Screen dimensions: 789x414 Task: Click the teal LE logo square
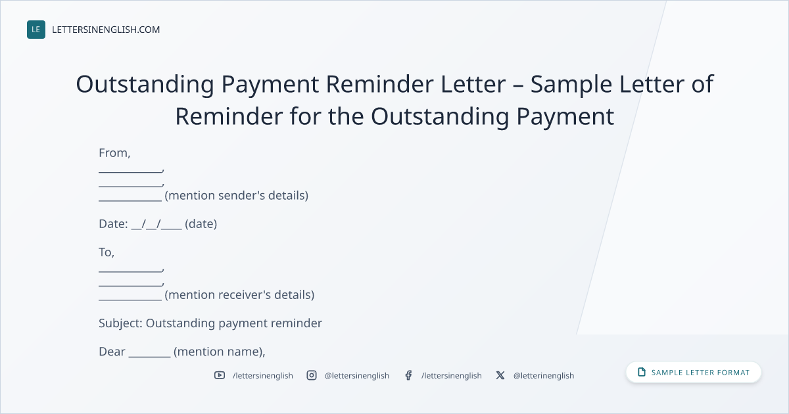point(36,30)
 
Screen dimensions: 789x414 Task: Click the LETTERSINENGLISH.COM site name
point(106,30)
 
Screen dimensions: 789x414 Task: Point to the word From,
point(114,152)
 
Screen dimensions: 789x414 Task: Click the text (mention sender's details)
point(236,195)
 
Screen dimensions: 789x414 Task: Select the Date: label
point(113,224)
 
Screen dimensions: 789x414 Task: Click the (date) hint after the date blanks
point(201,224)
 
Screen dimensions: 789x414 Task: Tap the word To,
point(107,252)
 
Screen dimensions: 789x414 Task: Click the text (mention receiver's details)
point(239,294)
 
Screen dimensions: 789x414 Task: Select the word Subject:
point(120,323)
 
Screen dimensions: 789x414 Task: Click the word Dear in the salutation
point(112,352)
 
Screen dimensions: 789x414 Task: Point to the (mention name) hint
point(219,352)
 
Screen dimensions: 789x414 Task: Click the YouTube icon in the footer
point(220,375)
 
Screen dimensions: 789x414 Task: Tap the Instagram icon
point(312,375)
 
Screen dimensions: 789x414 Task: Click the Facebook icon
point(408,375)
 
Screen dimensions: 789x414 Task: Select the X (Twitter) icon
point(500,375)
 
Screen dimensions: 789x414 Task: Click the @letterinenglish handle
point(544,376)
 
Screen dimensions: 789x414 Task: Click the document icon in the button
point(642,372)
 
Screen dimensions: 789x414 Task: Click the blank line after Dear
point(149,356)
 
